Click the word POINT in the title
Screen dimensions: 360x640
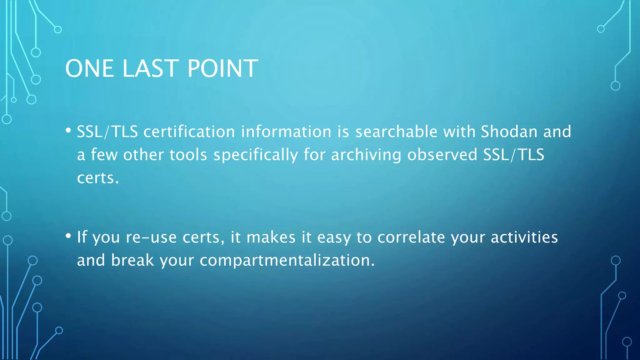(x=222, y=68)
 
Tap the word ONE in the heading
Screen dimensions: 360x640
(x=89, y=68)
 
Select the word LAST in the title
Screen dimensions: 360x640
(x=150, y=68)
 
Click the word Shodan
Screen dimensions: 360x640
(x=509, y=132)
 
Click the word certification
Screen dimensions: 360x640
(x=189, y=132)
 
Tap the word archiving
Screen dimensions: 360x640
(x=366, y=155)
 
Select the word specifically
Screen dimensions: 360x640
(x=256, y=155)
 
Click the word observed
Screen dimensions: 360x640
(x=442, y=155)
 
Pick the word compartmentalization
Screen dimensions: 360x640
(x=287, y=260)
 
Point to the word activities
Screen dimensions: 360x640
(x=524, y=237)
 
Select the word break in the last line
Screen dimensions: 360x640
(x=132, y=260)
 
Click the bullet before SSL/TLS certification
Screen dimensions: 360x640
(x=68, y=130)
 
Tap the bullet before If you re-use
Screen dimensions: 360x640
(x=68, y=236)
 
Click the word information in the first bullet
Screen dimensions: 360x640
(x=286, y=132)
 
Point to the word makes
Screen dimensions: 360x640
(x=271, y=237)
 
